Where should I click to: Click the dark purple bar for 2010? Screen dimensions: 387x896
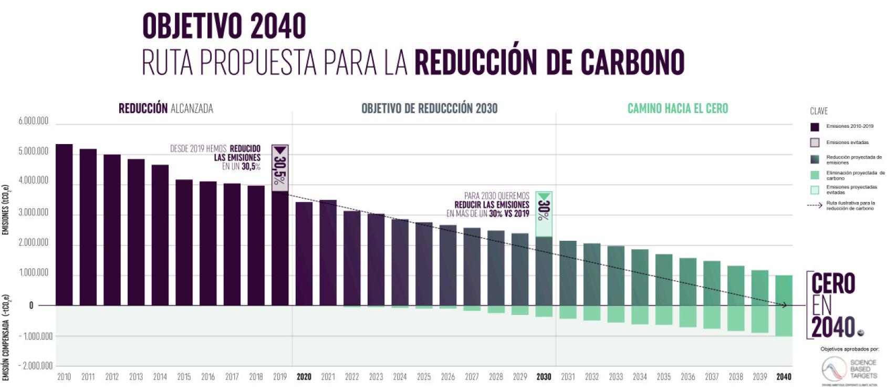(64, 225)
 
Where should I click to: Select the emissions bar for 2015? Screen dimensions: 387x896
(184, 242)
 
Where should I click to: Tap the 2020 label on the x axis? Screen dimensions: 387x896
(304, 376)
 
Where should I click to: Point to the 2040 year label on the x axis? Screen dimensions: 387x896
(784, 376)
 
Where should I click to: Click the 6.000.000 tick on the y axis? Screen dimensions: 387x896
(34, 121)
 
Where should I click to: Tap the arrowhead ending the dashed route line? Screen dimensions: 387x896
(785, 305)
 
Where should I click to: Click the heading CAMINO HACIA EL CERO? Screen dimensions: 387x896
(678, 108)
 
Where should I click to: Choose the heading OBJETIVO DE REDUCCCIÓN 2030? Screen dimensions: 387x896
(429, 108)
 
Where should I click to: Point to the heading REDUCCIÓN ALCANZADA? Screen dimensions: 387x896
(165, 108)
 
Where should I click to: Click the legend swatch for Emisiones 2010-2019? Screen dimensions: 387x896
(815, 127)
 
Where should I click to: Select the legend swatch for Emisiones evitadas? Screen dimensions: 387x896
(815, 142)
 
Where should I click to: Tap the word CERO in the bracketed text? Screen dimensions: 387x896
(833, 284)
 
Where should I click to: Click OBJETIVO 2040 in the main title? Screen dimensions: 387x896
(224, 26)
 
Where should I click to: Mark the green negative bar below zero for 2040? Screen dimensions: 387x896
(784, 321)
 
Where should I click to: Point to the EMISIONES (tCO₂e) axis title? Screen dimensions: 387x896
(6, 209)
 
